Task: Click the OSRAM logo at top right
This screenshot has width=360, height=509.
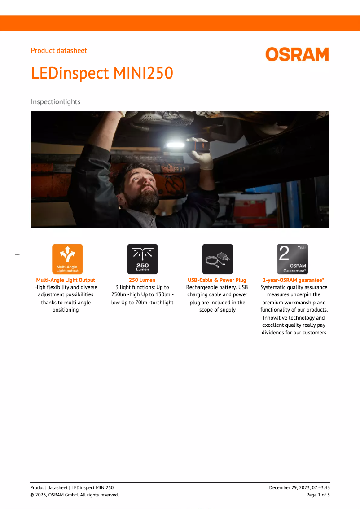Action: click(297, 54)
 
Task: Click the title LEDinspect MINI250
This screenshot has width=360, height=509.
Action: click(102, 73)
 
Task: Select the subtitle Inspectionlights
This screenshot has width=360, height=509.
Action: click(56, 102)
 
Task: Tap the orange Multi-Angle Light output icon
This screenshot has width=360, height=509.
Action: click(67, 259)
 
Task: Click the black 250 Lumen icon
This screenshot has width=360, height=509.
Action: click(142, 259)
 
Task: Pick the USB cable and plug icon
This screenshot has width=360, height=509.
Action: click(217, 259)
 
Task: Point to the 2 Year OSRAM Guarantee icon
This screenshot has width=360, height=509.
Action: click(293, 259)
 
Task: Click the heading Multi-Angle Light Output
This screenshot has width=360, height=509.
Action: click(66, 280)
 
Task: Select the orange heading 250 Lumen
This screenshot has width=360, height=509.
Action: click(142, 280)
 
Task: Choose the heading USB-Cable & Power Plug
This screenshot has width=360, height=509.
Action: click(217, 280)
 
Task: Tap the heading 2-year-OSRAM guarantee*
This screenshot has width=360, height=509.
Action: click(294, 280)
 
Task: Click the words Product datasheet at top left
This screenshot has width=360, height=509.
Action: click(59, 51)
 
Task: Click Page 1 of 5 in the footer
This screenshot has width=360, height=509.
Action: click(318, 495)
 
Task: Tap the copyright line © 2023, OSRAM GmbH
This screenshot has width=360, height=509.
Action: click(75, 495)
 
